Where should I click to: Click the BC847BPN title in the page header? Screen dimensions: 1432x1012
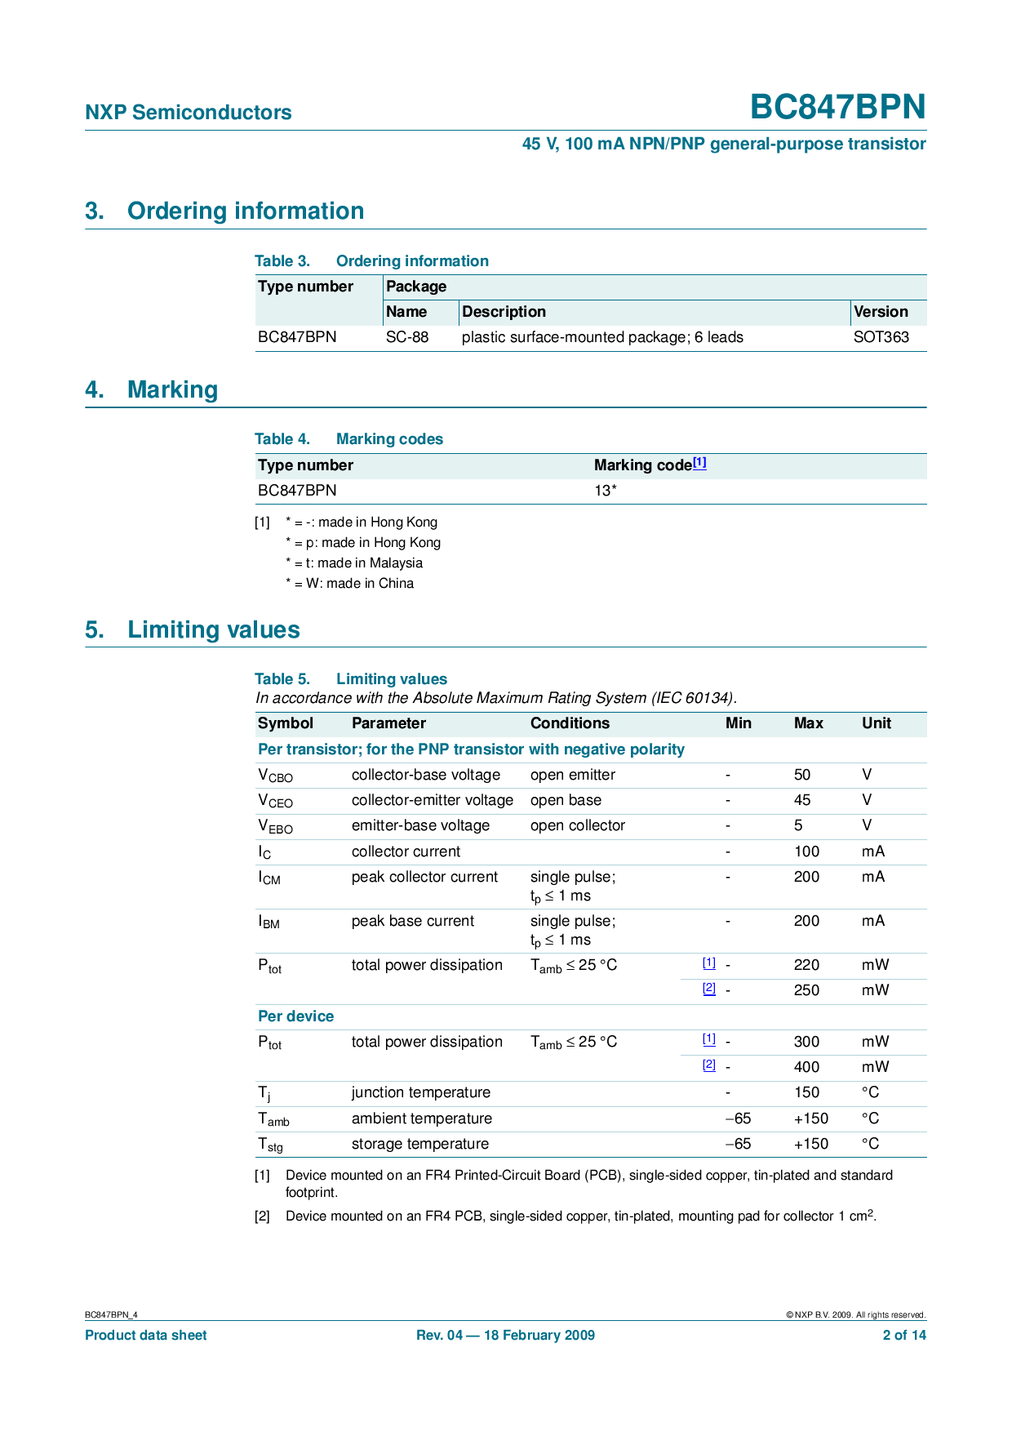click(x=837, y=107)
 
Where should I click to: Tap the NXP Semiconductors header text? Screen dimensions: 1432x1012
click(x=189, y=113)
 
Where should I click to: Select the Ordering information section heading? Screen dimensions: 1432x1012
click(x=245, y=211)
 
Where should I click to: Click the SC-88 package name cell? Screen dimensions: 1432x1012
click(x=407, y=337)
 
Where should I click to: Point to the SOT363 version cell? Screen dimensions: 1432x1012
click(x=881, y=337)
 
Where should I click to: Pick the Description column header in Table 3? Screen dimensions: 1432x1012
click(x=504, y=312)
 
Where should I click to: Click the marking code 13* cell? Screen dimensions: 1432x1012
click(x=605, y=491)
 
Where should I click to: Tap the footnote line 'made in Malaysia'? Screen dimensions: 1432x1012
click(x=354, y=563)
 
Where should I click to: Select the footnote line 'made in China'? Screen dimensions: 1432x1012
click(x=350, y=584)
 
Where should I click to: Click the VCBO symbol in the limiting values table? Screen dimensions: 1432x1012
click(x=275, y=776)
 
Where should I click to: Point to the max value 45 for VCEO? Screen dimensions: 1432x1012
click(x=802, y=800)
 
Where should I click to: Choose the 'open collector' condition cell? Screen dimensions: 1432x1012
click(x=578, y=825)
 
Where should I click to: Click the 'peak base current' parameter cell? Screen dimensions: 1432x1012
click(x=413, y=921)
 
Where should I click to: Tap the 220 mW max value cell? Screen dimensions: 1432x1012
click(x=806, y=965)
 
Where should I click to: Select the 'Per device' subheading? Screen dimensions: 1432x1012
click(x=295, y=1016)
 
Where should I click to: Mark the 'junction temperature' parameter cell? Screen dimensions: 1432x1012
click(x=421, y=1092)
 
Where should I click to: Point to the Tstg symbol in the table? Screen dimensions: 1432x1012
click(x=270, y=1145)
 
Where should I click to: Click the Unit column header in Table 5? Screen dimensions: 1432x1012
click(x=877, y=723)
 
